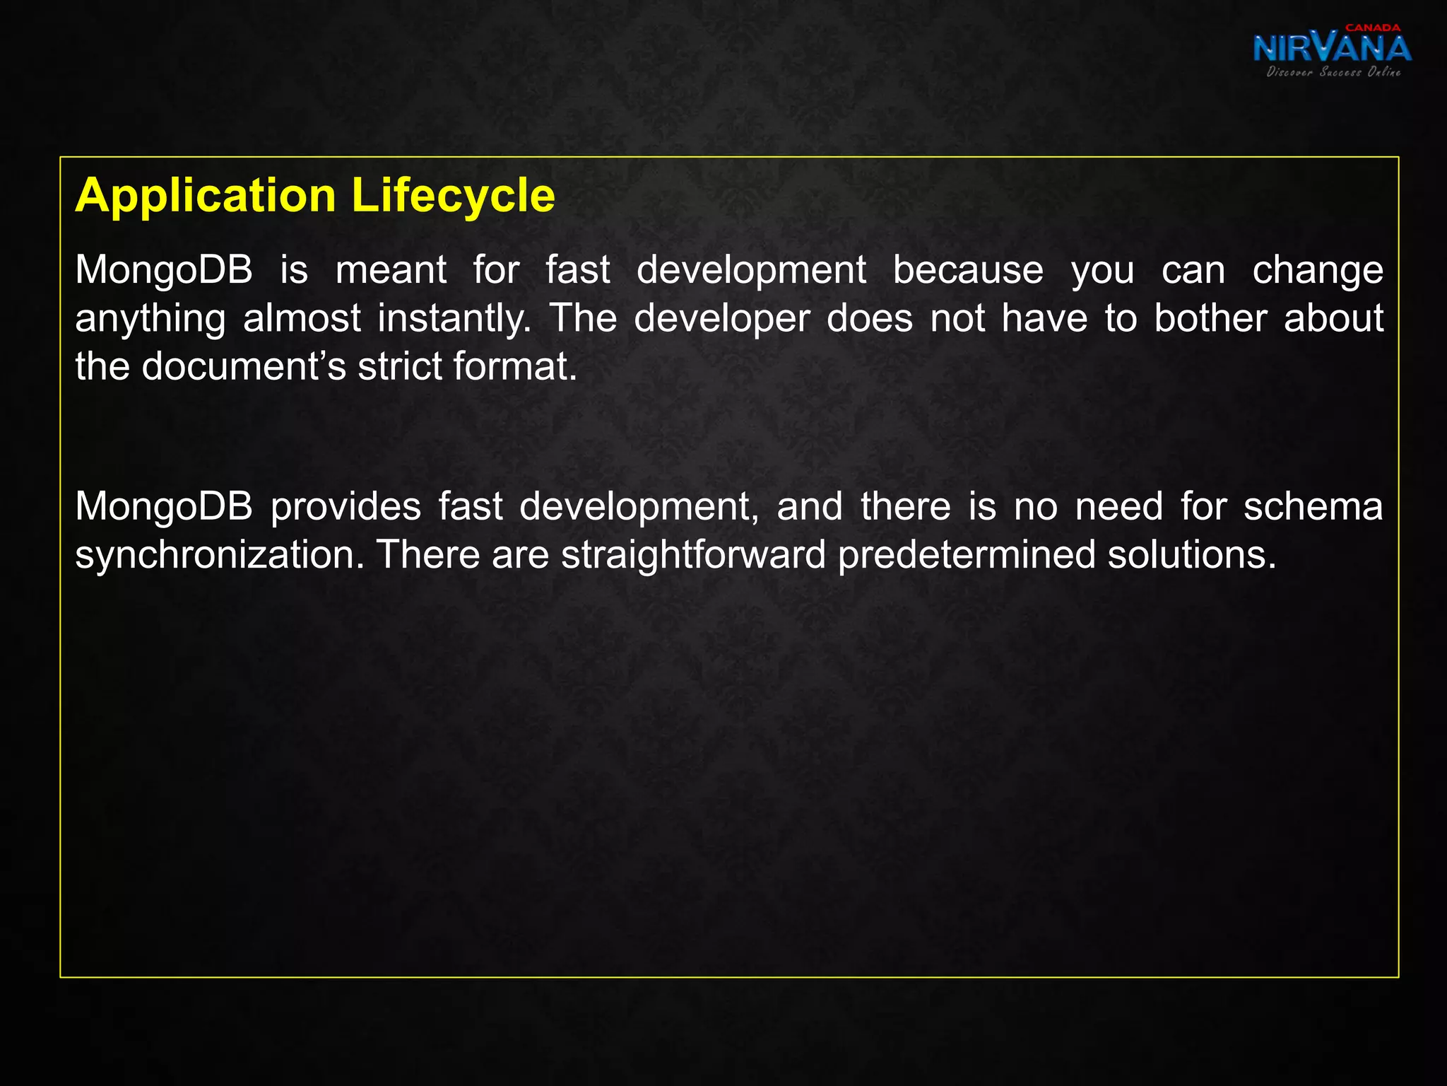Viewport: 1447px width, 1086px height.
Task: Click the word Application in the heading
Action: pos(205,196)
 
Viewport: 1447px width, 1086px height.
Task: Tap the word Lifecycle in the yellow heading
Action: pos(453,196)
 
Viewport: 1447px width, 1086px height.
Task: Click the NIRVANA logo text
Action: pos(1332,48)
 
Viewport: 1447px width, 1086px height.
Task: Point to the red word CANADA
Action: pos(1373,28)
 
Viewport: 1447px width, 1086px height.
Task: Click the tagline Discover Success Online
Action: pos(1333,72)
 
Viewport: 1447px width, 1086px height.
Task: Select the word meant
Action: pos(391,271)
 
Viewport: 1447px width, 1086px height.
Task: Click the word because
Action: pos(968,271)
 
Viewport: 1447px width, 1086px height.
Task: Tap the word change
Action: pos(1318,271)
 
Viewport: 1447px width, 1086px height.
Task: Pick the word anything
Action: pos(150,319)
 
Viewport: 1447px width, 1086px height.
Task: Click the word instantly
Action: pos(454,319)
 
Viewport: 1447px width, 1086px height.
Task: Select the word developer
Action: pos(721,319)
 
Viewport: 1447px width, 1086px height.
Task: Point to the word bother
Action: pos(1210,319)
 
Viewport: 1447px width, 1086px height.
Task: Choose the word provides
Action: pos(345,507)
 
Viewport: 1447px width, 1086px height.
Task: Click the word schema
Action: pos(1313,507)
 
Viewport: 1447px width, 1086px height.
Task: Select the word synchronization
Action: pos(220,555)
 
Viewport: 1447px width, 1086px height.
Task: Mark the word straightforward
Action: pos(693,555)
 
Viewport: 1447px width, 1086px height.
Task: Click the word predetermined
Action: pos(966,555)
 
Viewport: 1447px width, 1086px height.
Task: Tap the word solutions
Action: pos(1191,555)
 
